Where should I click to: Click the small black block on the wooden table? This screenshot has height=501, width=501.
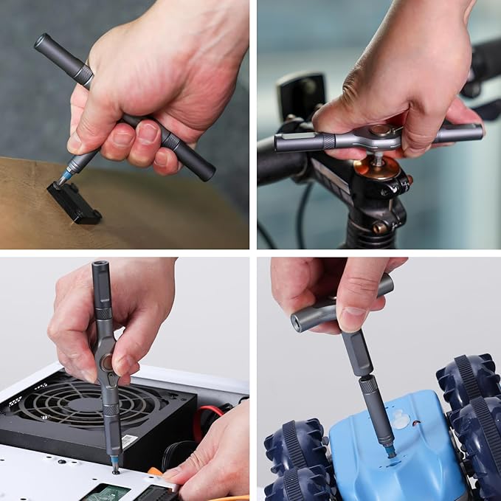(74, 203)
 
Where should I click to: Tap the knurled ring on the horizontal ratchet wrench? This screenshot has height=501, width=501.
(328, 141)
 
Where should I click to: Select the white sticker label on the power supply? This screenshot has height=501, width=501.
(128, 440)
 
